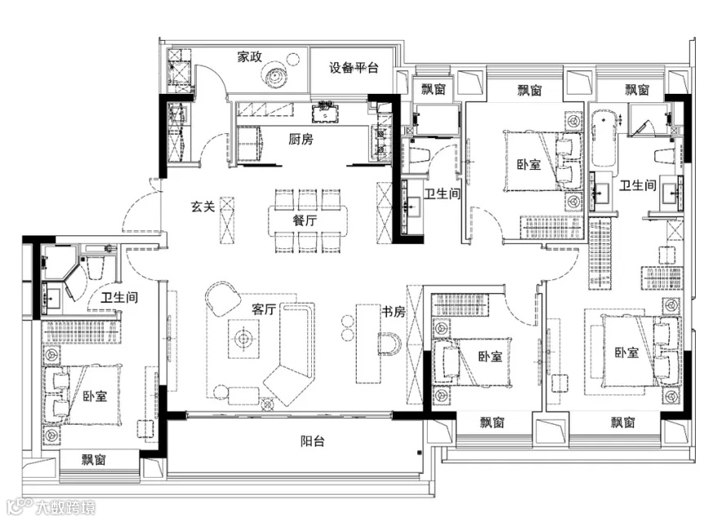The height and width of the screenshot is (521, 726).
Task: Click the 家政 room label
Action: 250,57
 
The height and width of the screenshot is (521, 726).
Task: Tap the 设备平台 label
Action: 354,68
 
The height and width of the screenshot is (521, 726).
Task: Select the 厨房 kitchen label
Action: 301,139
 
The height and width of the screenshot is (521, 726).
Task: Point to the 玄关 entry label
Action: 203,207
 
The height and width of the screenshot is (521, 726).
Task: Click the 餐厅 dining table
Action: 307,220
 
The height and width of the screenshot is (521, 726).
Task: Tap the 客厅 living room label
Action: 264,309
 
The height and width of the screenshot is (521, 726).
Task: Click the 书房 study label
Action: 393,312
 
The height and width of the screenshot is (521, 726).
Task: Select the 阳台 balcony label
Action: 313,441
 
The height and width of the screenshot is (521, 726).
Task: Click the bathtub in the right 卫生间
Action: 604,139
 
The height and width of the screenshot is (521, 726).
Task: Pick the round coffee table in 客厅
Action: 243,340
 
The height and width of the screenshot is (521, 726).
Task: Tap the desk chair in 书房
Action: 390,344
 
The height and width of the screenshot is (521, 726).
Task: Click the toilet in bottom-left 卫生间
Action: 96,267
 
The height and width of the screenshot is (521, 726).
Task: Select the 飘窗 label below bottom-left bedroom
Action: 94,460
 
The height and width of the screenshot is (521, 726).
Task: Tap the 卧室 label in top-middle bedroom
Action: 528,164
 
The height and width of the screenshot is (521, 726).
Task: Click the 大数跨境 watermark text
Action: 65,507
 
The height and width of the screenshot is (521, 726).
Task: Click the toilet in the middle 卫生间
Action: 418,156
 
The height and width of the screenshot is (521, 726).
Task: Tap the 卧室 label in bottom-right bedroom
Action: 626,353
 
